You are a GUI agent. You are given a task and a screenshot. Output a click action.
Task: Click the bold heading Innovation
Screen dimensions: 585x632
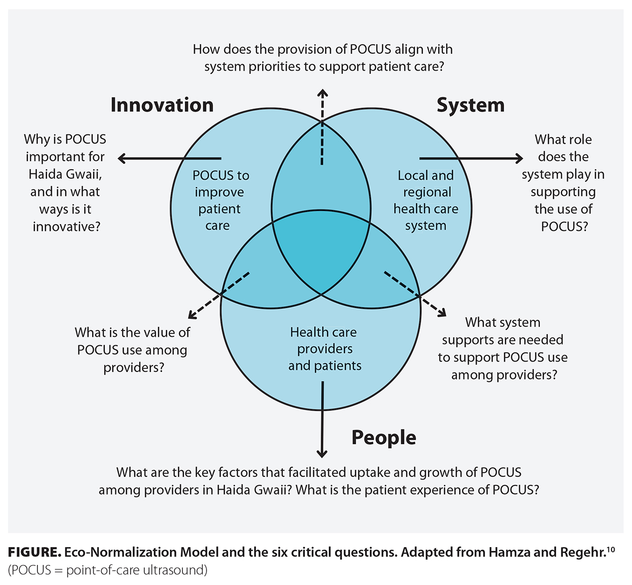(x=162, y=105)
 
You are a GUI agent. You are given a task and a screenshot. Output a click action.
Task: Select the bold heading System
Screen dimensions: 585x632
(x=470, y=105)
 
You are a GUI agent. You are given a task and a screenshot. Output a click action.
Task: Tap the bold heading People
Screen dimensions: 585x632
(x=383, y=437)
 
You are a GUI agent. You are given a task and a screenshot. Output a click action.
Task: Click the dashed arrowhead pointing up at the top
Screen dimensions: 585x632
(x=322, y=93)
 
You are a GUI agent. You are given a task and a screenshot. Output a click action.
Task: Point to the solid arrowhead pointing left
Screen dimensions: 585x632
(x=122, y=158)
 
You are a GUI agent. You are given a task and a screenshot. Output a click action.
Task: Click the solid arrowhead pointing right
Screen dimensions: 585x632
(x=519, y=158)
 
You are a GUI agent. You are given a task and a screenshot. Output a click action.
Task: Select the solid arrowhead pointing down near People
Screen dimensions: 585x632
(x=322, y=453)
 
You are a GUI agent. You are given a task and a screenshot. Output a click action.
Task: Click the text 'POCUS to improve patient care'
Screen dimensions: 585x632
(x=220, y=200)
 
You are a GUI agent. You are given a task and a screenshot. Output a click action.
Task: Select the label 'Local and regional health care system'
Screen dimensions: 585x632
(x=426, y=200)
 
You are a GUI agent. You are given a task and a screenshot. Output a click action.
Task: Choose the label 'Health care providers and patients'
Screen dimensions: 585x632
(x=324, y=349)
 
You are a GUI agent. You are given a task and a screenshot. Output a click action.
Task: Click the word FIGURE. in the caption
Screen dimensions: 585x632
(x=34, y=552)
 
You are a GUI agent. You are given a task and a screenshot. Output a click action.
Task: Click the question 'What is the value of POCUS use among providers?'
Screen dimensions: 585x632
(x=133, y=349)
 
